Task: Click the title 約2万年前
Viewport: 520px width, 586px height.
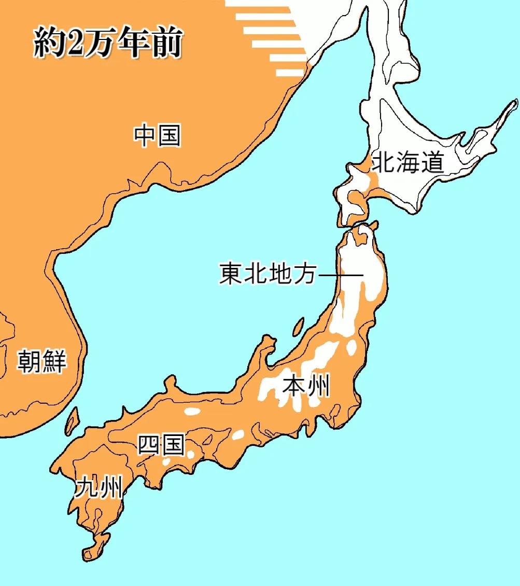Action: (x=108, y=43)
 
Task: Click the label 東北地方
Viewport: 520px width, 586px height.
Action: (x=268, y=274)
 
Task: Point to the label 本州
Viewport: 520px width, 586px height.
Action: (x=306, y=386)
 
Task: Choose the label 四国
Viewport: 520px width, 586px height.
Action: (x=160, y=445)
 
